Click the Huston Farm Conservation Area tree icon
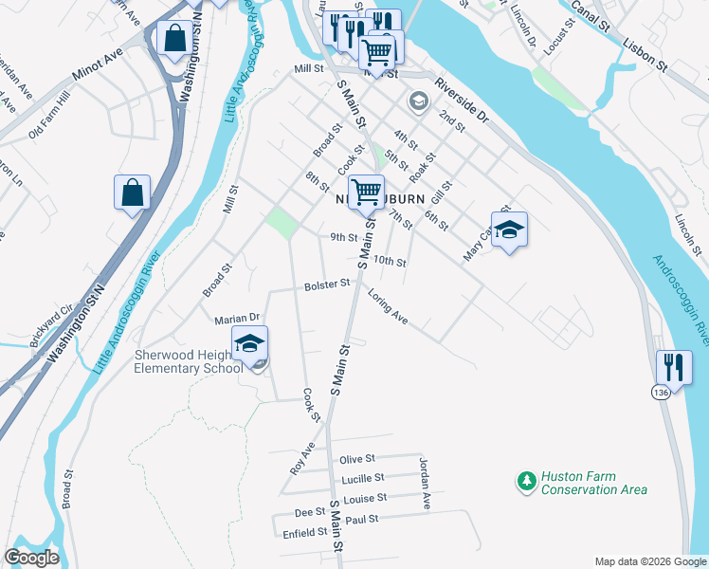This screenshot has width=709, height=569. pyautogui.click(x=526, y=482)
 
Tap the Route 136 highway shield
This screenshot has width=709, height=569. pyautogui.click(x=661, y=391)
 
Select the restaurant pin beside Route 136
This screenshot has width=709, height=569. pyautogui.click(x=674, y=366)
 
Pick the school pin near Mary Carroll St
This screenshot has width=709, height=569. pyautogui.click(x=509, y=229)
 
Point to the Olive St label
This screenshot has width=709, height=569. pyautogui.click(x=357, y=459)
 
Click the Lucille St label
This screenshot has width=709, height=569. pyautogui.click(x=363, y=478)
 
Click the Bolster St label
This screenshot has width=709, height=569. pyautogui.click(x=327, y=285)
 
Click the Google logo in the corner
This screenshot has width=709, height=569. pyautogui.click(x=31, y=557)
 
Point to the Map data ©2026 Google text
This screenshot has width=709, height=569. pyautogui.click(x=650, y=561)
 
